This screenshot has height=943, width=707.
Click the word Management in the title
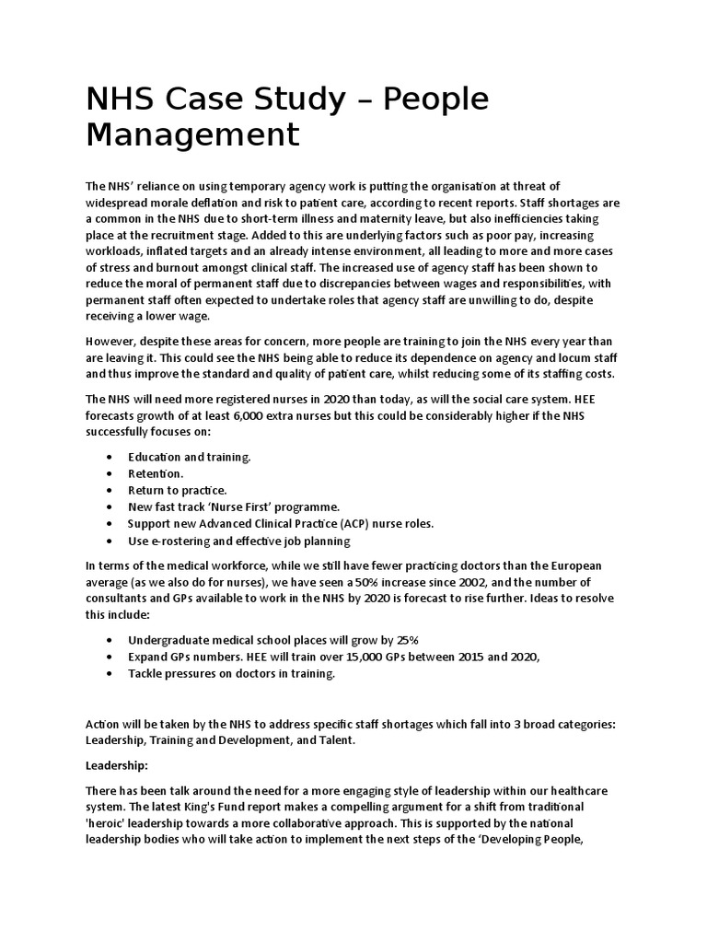pos(192,134)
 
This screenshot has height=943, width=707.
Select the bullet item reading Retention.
pos(156,473)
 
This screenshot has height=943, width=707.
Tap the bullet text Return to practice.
pos(177,490)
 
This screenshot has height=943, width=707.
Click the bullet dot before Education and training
pos(111,457)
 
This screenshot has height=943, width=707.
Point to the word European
pos(574,565)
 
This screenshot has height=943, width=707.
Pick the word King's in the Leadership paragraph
pos(191,807)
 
